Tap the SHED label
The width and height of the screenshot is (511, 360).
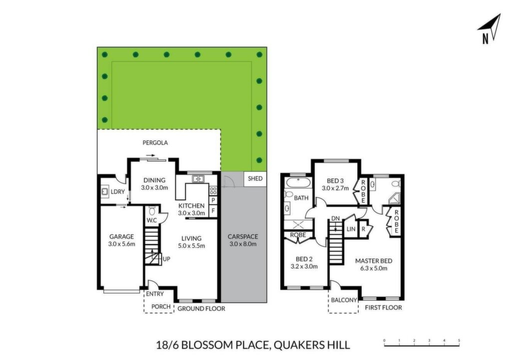(255, 179)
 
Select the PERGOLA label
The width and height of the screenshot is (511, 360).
(155, 143)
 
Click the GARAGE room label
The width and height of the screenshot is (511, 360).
(122, 237)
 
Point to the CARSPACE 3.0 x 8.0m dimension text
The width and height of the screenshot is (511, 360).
(243, 244)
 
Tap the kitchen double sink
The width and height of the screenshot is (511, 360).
(198, 179)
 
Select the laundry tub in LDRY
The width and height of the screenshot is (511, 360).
(105, 192)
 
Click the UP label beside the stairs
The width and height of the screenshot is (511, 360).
(167, 259)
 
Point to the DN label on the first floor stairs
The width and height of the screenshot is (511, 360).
(335, 218)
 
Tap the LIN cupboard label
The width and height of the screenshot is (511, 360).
(351, 229)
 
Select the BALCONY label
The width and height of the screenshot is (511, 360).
(344, 300)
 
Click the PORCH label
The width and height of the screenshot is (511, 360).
(161, 307)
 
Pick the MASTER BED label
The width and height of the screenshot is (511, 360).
(374, 261)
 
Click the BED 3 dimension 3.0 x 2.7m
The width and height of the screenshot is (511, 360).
(335, 188)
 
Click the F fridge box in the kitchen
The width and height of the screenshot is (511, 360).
(213, 210)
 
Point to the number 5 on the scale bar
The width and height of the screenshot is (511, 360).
(459, 341)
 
